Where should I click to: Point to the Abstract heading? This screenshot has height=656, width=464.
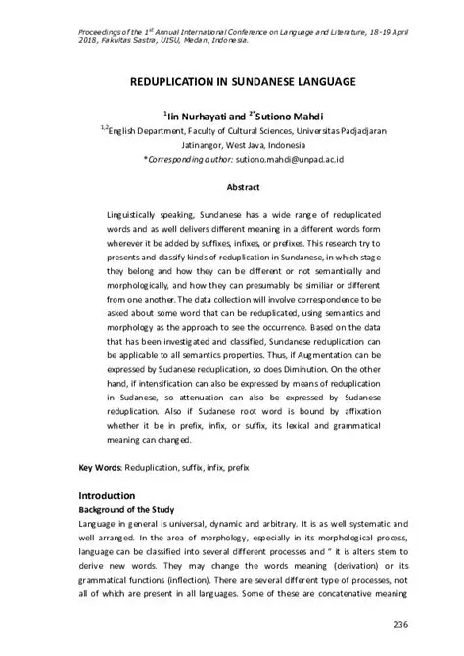pyautogui.click(x=242, y=185)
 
